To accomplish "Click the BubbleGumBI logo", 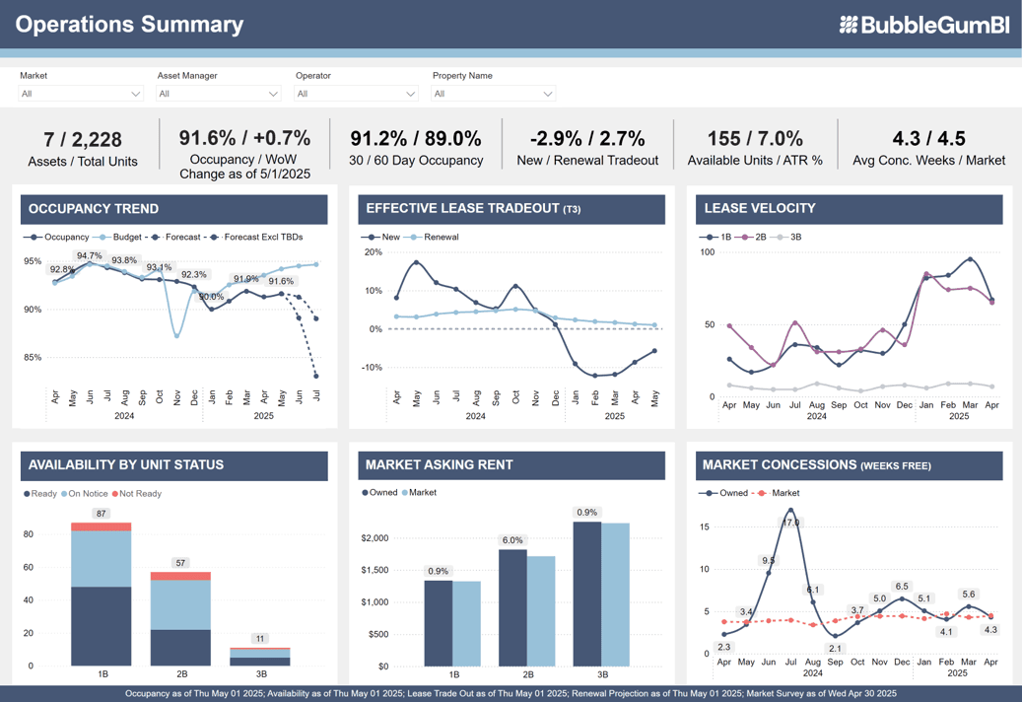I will (x=923, y=25).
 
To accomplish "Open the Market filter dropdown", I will (x=81, y=94).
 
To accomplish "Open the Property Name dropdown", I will (x=493, y=94).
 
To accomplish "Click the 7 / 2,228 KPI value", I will (x=83, y=140).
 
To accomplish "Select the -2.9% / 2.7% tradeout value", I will (x=587, y=139).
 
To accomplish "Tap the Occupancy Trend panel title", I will (x=94, y=209).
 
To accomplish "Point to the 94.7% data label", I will (x=90, y=255).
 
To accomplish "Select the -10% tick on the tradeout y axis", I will (x=373, y=368).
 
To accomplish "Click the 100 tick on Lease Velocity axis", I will (x=707, y=252).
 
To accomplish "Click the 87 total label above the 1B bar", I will (x=101, y=514).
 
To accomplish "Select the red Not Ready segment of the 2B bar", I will (x=180, y=576).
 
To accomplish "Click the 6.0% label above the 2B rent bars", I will (x=512, y=540).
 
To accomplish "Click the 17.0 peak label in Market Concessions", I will (x=790, y=523).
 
